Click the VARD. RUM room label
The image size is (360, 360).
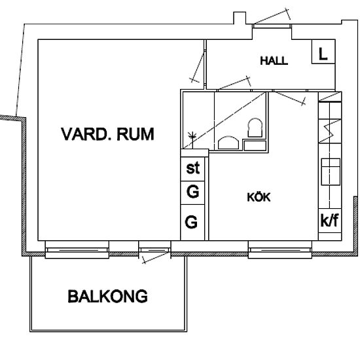[x=107, y=135]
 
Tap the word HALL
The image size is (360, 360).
[x=274, y=61]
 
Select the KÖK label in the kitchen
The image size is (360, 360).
[x=259, y=196]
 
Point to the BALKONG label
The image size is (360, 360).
[x=108, y=297]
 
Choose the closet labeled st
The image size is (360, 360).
[x=193, y=168]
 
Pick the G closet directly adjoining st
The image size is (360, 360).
[x=193, y=193]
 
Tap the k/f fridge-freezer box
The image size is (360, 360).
[x=329, y=220]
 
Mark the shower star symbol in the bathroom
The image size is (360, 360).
[x=192, y=136]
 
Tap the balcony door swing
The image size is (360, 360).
[x=157, y=257]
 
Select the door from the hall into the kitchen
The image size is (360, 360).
[x=288, y=97]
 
